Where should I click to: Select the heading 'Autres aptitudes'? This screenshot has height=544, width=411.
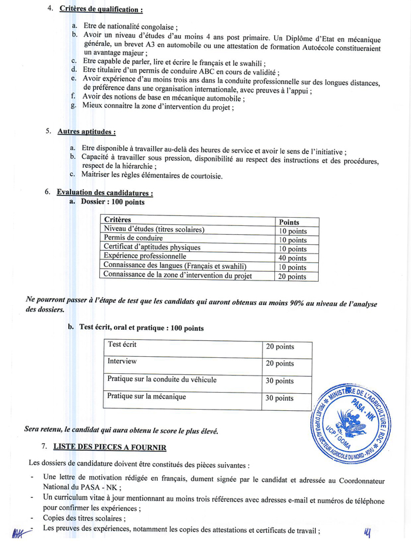point(86,131)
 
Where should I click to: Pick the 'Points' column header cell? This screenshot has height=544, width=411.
point(289,222)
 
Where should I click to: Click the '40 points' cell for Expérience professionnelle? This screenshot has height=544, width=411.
point(292,258)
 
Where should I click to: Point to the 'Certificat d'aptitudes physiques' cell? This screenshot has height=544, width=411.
point(152,247)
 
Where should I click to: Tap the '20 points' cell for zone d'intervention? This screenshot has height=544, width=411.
point(292,276)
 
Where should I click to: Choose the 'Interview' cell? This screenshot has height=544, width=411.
point(122,361)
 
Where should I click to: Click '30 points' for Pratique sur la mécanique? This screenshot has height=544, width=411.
point(279,398)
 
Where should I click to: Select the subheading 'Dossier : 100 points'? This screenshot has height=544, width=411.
point(112,202)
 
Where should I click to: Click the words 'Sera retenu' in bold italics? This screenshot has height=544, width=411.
point(43,430)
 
